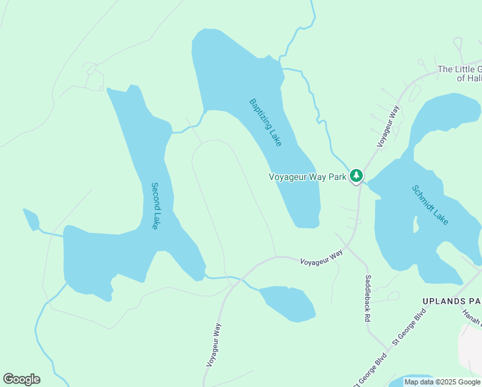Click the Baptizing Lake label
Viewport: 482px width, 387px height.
click(265, 122)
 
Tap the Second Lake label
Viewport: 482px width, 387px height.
click(155, 206)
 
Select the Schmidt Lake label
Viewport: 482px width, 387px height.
click(430, 205)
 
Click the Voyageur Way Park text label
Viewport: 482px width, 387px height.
click(307, 176)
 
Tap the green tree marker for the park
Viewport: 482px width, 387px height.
click(356, 175)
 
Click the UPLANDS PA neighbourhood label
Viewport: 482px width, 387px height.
click(451, 301)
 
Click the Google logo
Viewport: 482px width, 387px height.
click(21, 379)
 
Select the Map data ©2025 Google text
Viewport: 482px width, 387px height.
click(442, 382)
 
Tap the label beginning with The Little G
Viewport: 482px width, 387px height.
click(459, 74)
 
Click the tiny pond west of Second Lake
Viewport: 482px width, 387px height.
click(30, 219)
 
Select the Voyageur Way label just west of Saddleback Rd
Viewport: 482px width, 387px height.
click(322, 259)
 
